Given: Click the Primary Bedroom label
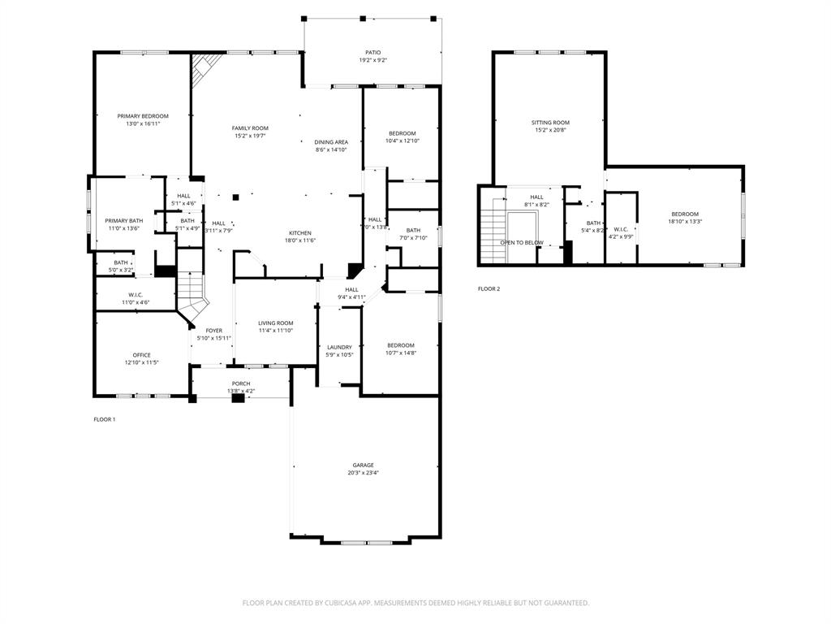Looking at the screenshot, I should [x=143, y=116].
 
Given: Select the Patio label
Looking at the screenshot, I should [x=372, y=53].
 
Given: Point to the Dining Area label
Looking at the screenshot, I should [x=331, y=142].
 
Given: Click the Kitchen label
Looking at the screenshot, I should [x=300, y=232].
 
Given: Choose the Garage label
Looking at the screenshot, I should [x=363, y=465].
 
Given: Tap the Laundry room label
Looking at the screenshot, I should [x=339, y=347].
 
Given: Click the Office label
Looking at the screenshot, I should [x=141, y=355].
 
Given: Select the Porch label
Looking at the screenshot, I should [x=241, y=383].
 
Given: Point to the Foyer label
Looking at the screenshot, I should [x=213, y=331].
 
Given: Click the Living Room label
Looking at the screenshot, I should [x=276, y=323].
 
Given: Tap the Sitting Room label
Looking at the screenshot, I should [x=550, y=123].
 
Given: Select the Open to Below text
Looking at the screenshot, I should [x=521, y=243].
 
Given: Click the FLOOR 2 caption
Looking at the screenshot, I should [x=489, y=288].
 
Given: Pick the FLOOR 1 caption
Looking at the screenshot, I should [x=105, y=419].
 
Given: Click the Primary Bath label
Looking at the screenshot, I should [x=123, y=221].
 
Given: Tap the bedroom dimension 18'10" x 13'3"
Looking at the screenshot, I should [x=684, y=221].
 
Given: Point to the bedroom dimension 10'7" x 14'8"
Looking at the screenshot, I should [x=400, y=353].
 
